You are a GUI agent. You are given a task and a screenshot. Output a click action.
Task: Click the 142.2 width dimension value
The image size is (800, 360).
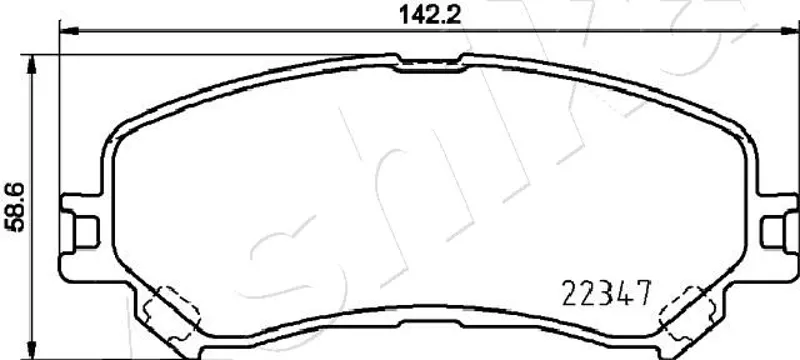[x=430, y=15]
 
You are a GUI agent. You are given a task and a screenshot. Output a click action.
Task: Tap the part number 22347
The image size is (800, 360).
[x=607, y=293]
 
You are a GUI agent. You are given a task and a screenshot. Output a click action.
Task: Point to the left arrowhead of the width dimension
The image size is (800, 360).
[x=69, y=31]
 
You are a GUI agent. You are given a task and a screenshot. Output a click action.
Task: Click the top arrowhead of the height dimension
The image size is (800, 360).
[x=32, y=65]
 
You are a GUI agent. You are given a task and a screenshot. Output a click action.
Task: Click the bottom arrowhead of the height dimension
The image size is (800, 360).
[x=32, y=350]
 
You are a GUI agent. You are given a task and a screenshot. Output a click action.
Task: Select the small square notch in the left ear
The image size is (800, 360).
[x=86, y=232]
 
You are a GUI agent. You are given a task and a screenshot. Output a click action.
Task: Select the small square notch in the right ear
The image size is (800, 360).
[x=772, y=232]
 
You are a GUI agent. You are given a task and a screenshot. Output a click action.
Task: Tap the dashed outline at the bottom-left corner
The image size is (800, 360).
[x=172, y=315]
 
